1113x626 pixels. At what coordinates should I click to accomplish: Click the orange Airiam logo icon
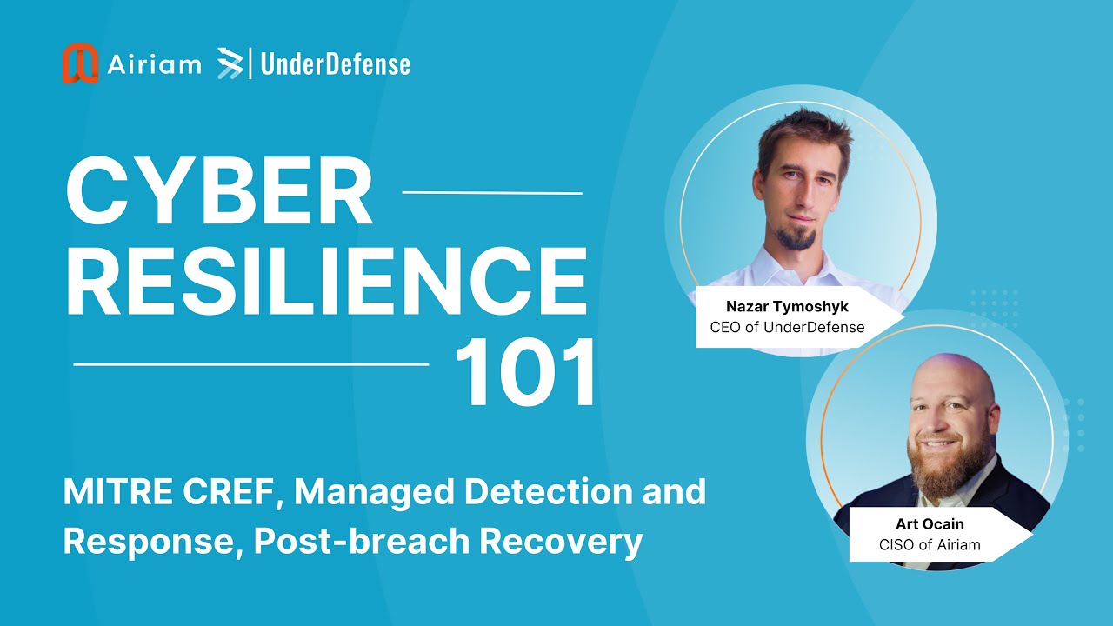click(80, 63)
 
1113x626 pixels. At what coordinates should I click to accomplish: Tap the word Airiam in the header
click(155, 64)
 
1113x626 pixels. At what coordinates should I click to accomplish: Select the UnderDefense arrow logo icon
click(230, 63)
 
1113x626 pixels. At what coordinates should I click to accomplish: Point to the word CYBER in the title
click(219, 193)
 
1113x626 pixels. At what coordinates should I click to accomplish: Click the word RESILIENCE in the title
click(325, 282)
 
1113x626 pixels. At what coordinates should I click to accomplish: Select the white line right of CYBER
click(493, 192)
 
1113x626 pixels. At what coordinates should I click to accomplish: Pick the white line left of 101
click(251, 364)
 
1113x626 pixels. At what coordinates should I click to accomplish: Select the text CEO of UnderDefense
click(787, 328)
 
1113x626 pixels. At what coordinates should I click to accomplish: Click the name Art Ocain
click(930, 524)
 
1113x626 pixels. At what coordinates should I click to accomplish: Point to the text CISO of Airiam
click(930, 544)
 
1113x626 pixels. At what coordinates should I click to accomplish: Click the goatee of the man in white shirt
click(796, 237)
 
